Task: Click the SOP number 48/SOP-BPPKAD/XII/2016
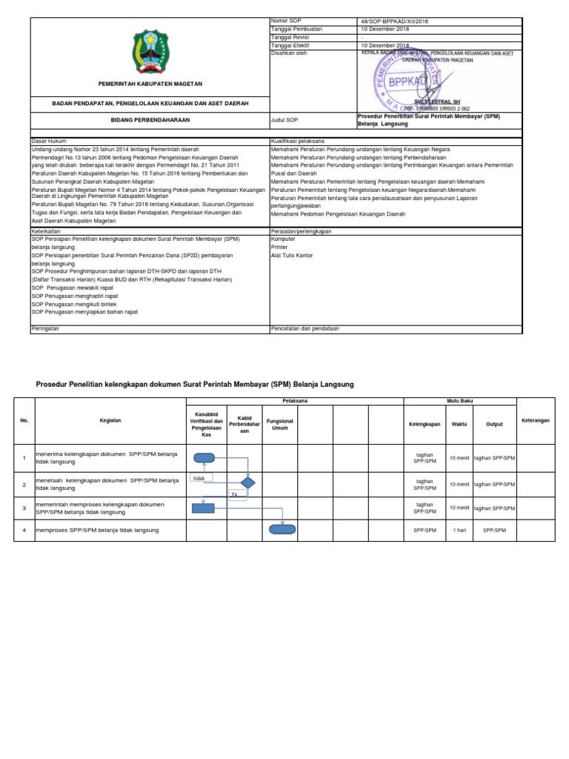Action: coord(393,21)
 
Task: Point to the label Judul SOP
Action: coord(285,119)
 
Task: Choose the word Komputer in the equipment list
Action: coord(284,239)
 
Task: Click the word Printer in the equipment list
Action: coord(281,248)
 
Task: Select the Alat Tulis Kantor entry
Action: coord(292,256)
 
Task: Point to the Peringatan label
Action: coord(44,328)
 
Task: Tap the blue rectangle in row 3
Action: coord(203,508)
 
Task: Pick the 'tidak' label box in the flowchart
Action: coord(199,479)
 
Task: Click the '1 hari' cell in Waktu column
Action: coord(459,530)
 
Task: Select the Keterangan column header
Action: coord(535,420)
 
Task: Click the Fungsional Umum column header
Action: coord(280,424)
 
